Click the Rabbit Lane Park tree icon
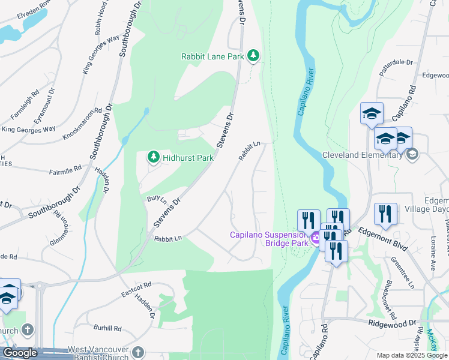(254, 56)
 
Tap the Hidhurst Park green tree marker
(154, 158)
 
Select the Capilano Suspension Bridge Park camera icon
(315, 239)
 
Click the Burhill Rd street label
(107, 328)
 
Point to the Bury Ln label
(156, 198)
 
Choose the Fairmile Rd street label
(64, 170)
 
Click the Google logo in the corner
(20, 353)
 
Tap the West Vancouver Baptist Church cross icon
(138, 352)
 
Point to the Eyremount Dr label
(44, 106)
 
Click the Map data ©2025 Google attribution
(411, 355)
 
